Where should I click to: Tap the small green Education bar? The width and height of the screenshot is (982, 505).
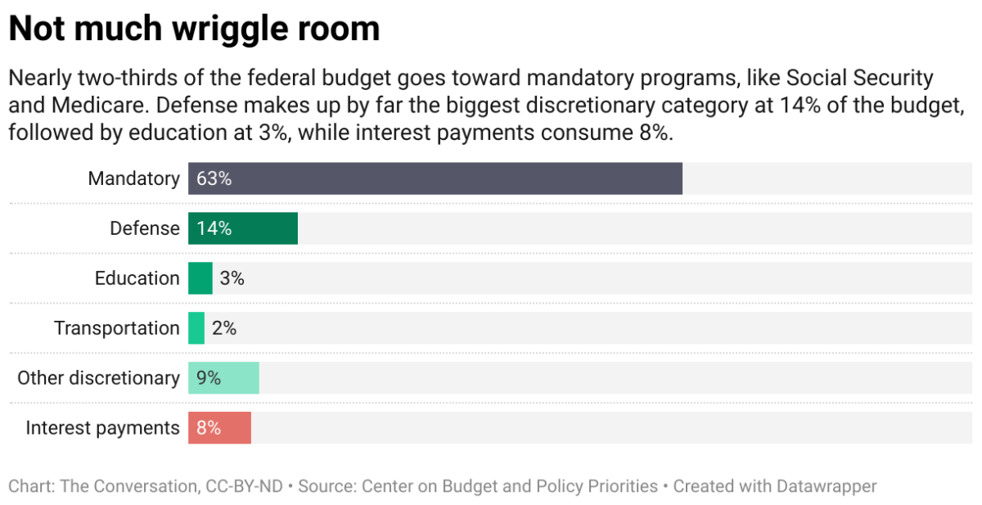(200, 278)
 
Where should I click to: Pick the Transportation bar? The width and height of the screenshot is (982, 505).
(196, 328)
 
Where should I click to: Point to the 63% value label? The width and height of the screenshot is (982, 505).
(214, 178)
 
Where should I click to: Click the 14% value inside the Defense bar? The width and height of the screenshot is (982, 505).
(214, 228)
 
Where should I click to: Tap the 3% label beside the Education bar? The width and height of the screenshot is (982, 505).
(232, 278)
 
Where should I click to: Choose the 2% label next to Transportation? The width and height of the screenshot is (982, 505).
(224, 328)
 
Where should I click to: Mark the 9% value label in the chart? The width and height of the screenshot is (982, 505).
(209, 378)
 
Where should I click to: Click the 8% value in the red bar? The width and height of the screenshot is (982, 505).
(209, 428)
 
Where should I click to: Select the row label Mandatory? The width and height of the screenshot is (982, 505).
(133, 178)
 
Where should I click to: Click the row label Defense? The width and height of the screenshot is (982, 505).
(145, 228)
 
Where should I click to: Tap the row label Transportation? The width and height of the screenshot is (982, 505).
(116, 328)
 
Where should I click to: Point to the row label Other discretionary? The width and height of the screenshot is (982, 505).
(98, 378)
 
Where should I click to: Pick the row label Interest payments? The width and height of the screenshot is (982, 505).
(102, 428)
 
